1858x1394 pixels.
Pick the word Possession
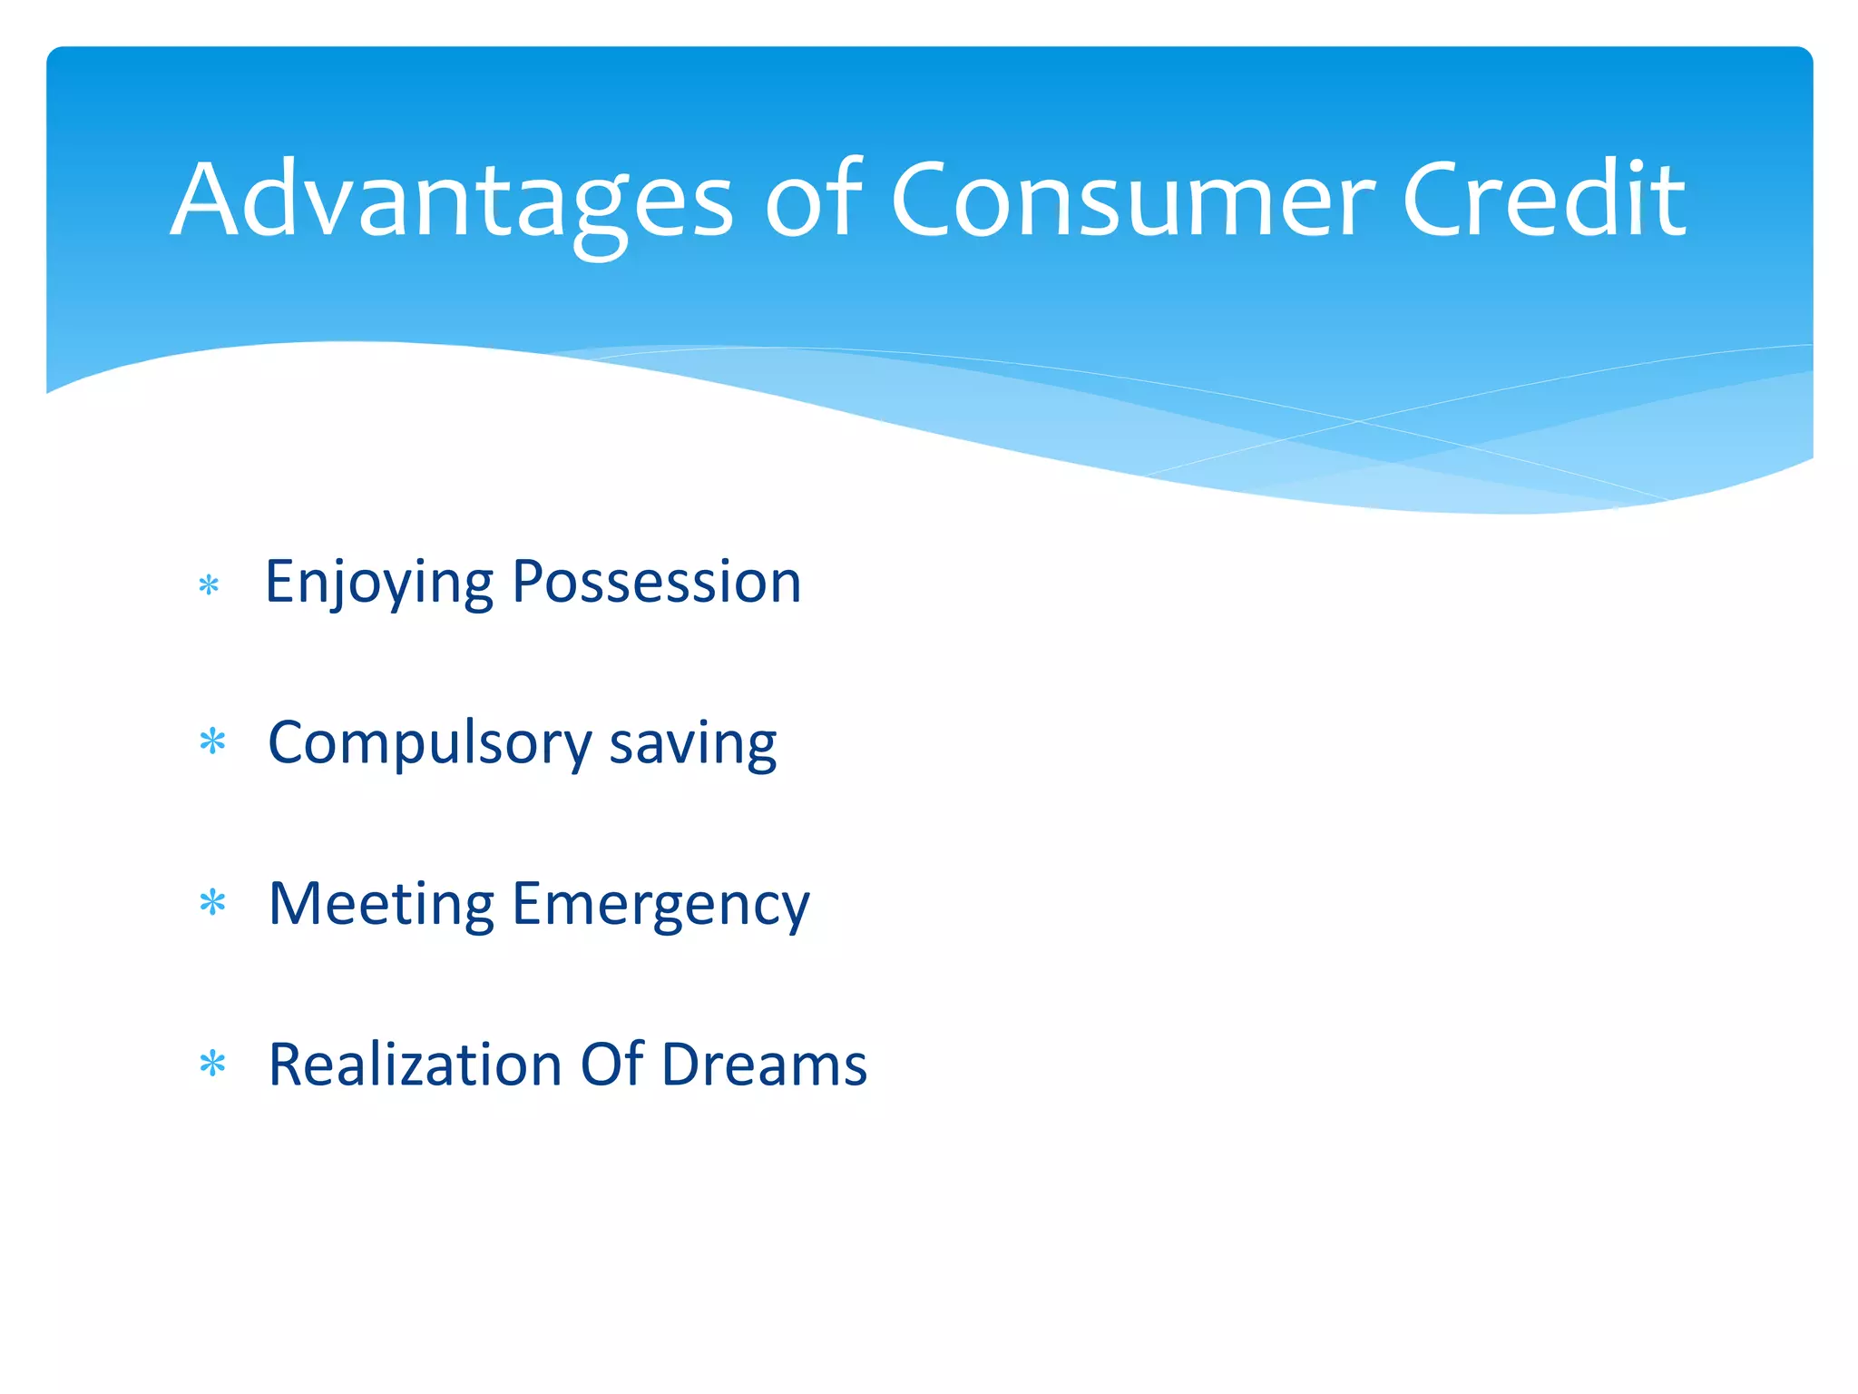(656, 582)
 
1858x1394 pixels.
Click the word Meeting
(381, 905)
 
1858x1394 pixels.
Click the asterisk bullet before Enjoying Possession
(209, 585)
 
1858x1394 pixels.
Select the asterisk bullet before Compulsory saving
(212, 742)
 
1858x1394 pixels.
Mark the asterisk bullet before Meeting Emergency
(212, 903)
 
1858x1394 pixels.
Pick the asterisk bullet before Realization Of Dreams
(212, 1064)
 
